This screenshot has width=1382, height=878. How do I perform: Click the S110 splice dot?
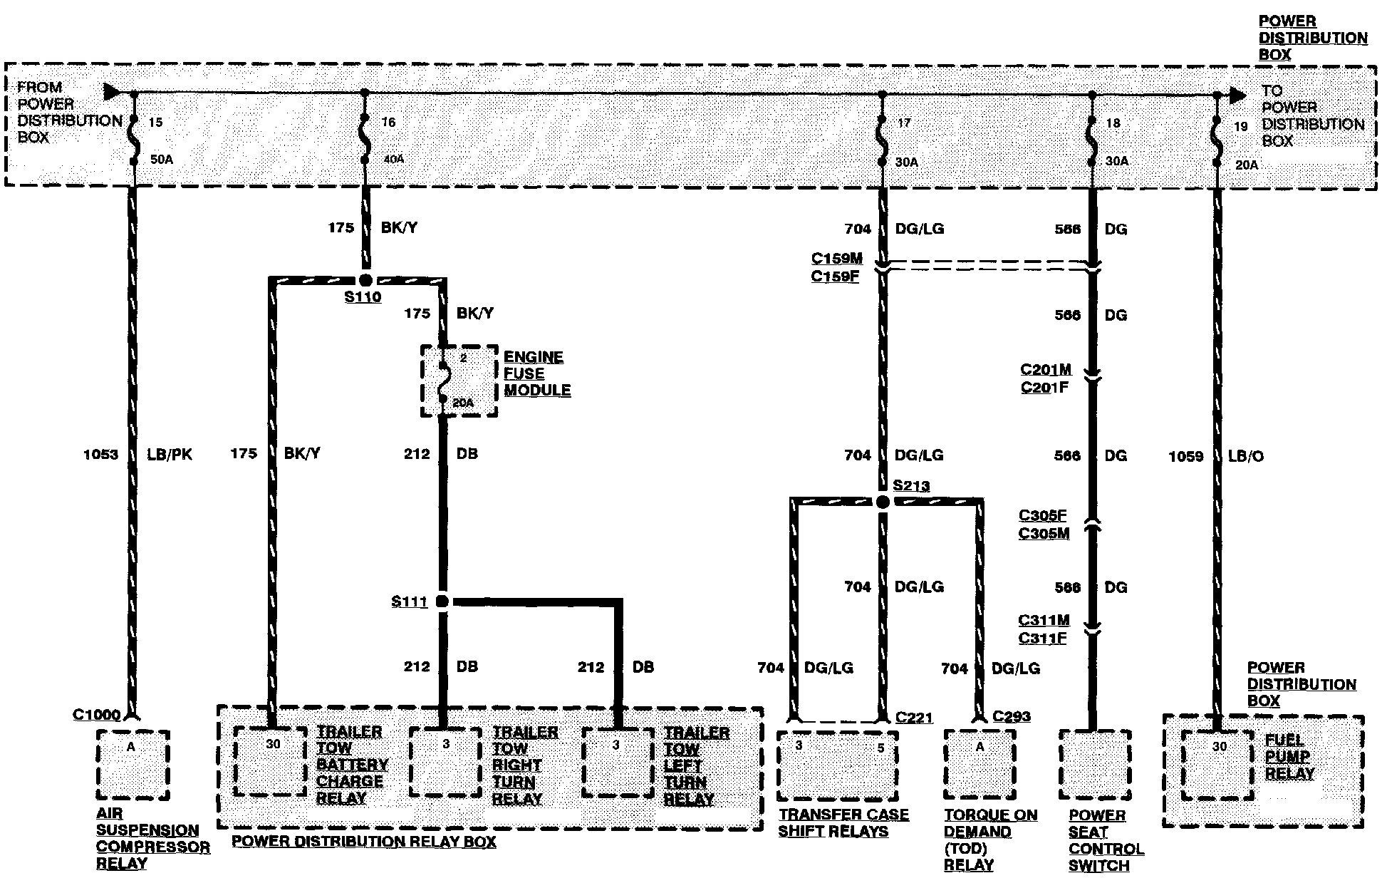coord(365,280)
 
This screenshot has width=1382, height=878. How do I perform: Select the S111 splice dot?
coord(442,601)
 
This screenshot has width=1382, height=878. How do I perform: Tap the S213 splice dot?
coord(883,502)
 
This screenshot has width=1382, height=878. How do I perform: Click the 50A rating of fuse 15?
coord(161,160)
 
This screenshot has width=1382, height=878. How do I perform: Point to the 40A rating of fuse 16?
coord(393,160)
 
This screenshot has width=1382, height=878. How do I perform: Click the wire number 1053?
coord(100,455)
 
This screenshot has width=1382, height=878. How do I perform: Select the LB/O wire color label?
coord(1245,456)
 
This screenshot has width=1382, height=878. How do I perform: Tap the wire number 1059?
coord(1186,456)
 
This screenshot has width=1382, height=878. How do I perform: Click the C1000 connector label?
coord(97,714)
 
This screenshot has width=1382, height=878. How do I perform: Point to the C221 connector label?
coord(914,718)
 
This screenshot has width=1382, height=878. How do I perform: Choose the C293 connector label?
coord(1012,716)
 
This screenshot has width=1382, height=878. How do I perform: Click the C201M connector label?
coord(1046,370)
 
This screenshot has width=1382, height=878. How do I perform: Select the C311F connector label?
coord(1042,639)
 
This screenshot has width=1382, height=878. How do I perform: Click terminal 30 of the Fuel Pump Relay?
coord(1219,747)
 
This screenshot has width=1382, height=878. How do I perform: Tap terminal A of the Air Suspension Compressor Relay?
coord(131,747)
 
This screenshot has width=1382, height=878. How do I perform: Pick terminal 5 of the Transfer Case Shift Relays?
coord(881,748)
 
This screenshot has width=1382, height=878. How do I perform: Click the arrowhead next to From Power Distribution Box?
coord(112,92)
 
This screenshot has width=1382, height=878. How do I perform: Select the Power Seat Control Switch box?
coord(1094,765)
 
